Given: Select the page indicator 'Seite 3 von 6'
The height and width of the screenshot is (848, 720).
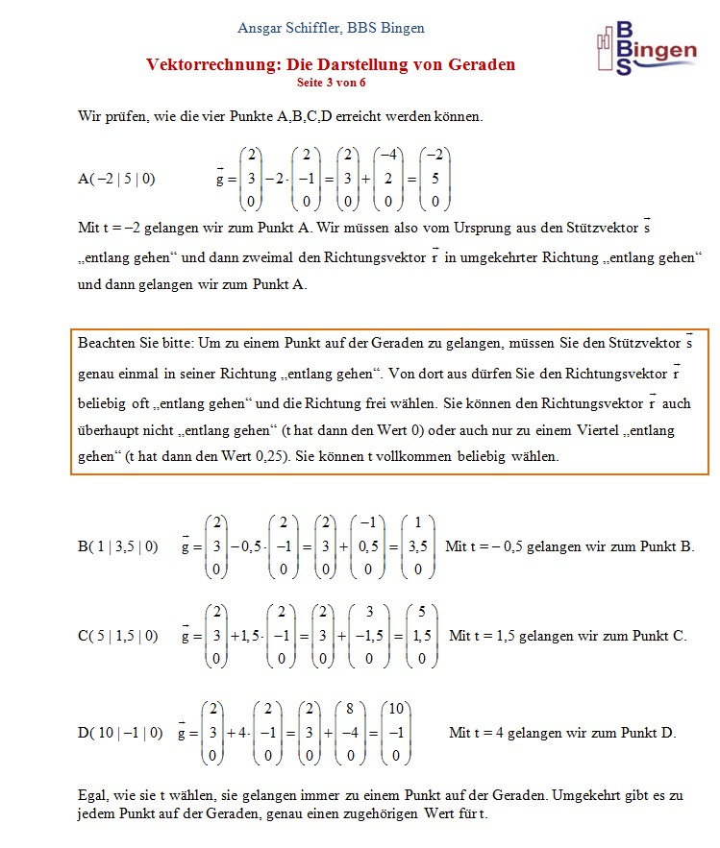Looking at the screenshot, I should [x=331, y=82].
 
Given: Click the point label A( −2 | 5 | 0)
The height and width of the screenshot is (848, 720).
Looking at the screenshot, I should [x=116, y=179].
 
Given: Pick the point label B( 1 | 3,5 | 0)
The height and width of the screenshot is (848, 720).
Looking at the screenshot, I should [x=117, y=547].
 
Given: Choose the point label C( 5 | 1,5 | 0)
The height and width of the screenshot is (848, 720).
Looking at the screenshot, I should [x=117, y=636].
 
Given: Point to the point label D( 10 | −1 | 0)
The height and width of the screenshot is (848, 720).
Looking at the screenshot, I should [x=120, y=733].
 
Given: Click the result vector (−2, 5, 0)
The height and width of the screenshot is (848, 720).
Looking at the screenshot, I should [x=435, y=179].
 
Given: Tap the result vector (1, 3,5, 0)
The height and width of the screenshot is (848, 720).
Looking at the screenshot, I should [x=417, y=547].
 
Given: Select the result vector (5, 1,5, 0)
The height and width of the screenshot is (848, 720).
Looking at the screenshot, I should [x=421, y=636].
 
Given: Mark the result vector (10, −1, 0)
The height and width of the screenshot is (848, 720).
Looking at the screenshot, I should [x=395, y=733].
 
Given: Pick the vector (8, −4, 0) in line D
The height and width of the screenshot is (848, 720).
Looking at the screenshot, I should [x=352, y=733].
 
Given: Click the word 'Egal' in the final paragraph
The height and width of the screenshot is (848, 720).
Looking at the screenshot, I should [x=90, y=795].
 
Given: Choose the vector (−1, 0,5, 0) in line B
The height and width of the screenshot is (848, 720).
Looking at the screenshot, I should [x=368, y=547].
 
